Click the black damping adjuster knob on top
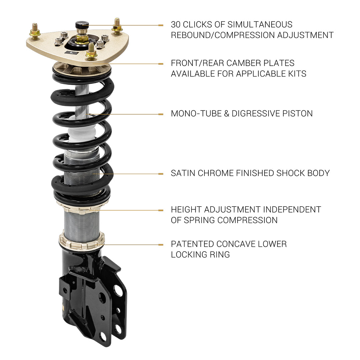(81, 24)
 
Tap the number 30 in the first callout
(176, 25)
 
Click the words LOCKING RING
(200, 255)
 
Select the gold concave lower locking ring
(82, 241)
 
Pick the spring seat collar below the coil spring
(80, 207)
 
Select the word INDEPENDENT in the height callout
(292, 210)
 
